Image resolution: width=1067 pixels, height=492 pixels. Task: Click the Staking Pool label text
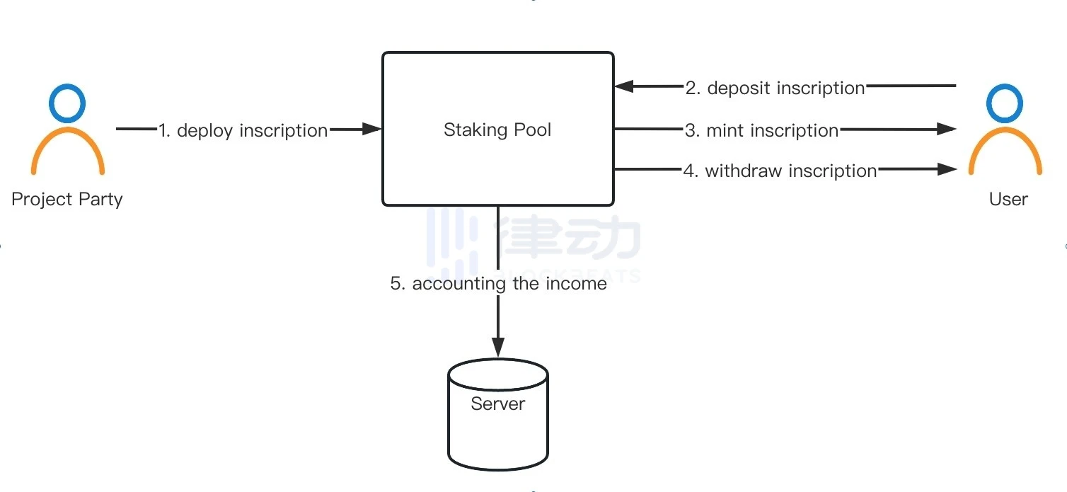click(497, 130)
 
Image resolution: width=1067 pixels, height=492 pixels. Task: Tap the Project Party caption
click(67, 199)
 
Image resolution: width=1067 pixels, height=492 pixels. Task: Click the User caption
click(1008, 199)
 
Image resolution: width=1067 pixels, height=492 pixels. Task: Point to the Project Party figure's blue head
click(67, 103)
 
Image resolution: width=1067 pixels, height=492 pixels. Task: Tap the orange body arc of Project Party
click(68, 145)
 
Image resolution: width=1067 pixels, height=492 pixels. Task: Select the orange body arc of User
click(1005, 145)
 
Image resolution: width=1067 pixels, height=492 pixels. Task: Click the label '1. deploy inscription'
click(243, 130)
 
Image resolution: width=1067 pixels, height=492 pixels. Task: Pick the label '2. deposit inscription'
click(775, 88)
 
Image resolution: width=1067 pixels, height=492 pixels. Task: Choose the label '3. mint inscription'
click(761, 130)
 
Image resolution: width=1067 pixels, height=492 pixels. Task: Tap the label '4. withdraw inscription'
click(780, 171)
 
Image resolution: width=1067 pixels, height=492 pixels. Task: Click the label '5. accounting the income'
click(499, 284)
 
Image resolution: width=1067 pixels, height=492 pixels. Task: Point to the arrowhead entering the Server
click(498, 348)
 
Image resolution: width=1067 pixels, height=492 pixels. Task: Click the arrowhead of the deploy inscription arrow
click(372, 130)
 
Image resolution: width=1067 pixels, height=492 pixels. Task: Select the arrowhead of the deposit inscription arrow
click(624, 86)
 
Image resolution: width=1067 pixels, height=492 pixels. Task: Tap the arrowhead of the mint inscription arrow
click(946, 129)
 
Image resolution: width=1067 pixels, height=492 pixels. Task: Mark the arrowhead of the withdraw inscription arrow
click(946, 169)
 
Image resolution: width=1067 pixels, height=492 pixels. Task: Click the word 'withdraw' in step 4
click(744, 171)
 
